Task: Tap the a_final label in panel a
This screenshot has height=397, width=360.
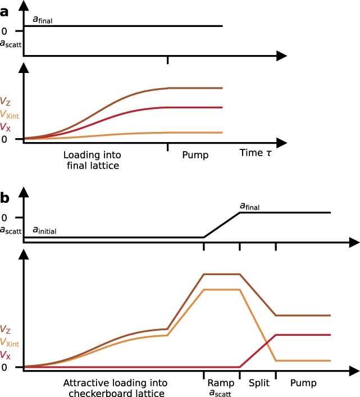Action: (x=43, y=20)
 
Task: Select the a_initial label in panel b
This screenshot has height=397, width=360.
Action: (x=45, y=230)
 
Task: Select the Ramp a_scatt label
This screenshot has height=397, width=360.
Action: (x=220, y=387)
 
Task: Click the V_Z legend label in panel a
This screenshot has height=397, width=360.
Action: (x=5, y=102)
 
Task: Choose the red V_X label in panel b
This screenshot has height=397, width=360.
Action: (x=5, y=355)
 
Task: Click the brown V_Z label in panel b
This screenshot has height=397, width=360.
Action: (x=5, y=329)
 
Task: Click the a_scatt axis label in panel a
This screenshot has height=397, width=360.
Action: (x=11, y=42)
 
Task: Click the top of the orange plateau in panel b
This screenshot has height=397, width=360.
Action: (x=221, y=290)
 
